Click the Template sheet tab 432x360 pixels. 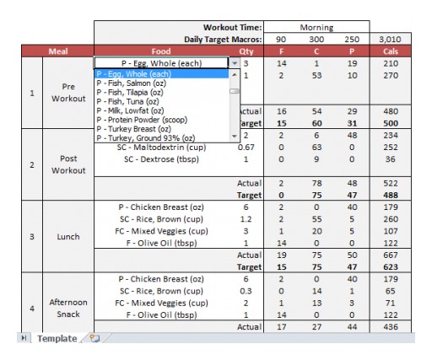56,338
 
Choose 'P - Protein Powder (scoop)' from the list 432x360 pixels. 140,119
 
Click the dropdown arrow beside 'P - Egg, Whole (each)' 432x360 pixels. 235,63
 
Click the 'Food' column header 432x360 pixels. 160,51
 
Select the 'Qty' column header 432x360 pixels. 246,51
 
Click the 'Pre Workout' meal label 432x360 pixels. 68,93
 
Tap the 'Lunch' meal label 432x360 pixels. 68,237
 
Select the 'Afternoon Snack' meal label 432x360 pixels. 68,309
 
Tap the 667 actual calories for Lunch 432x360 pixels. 390,255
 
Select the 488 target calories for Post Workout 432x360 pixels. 390,195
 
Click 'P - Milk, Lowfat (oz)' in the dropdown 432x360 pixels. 130,110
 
